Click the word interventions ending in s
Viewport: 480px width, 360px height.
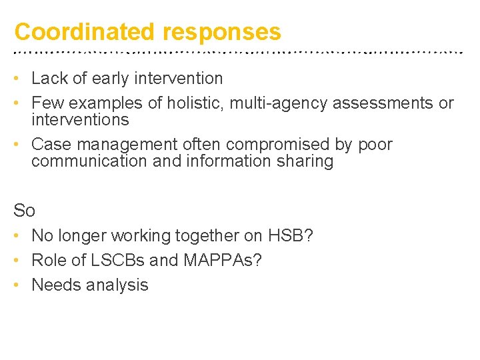point(80,120)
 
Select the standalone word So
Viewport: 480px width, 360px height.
point(24,211)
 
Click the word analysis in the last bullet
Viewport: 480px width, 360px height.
point(118,285)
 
